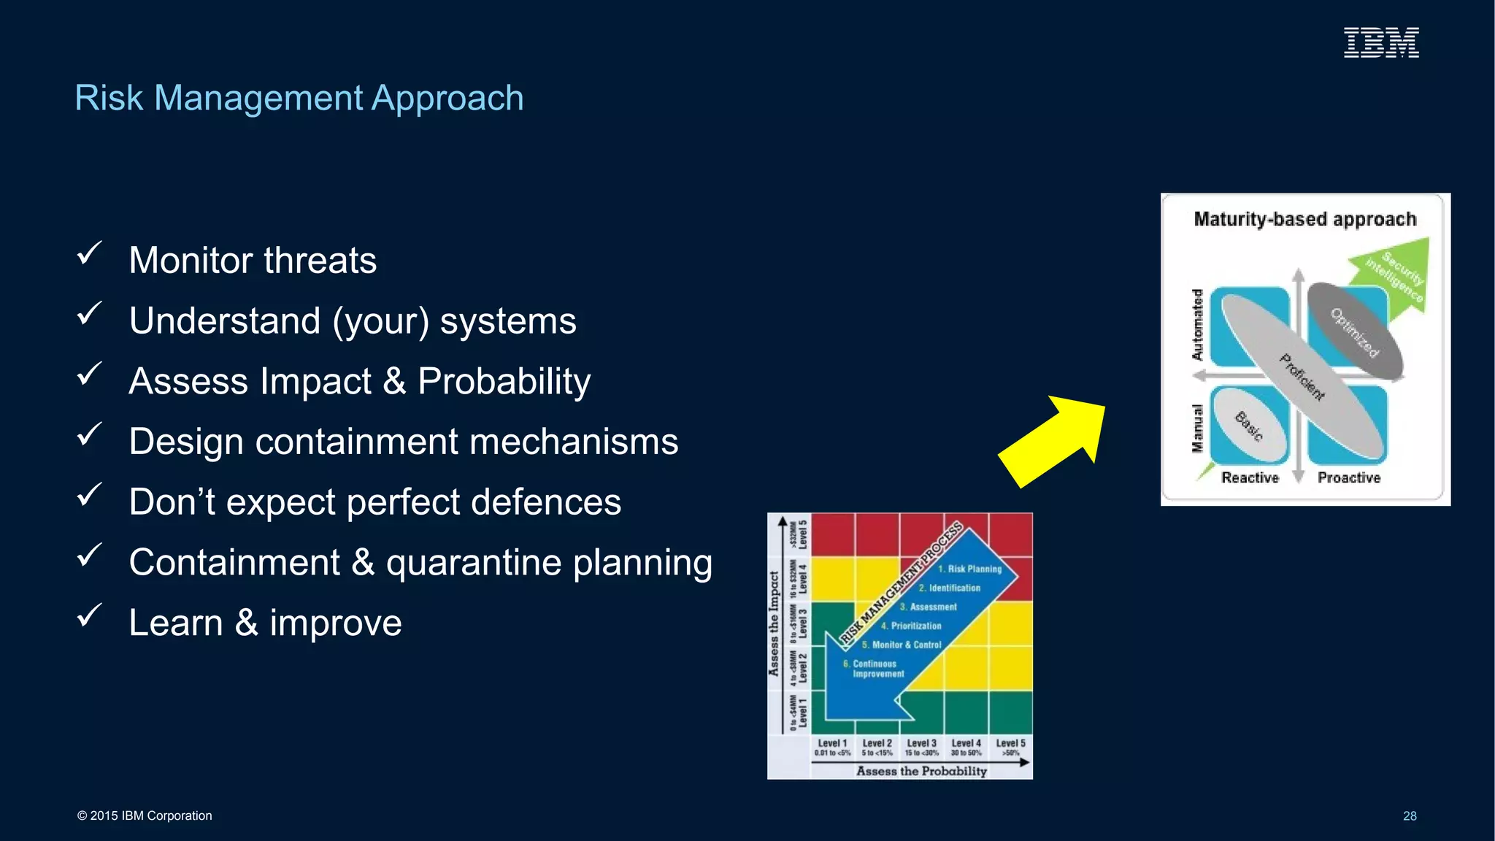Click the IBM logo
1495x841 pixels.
[x=1381, y=42]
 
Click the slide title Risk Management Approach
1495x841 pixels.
[x=299, y=98]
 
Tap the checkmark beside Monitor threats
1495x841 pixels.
[x=89, y=254]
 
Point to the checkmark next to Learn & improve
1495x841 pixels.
[x=89, y=616]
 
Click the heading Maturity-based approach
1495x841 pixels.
[x=1304, y=219]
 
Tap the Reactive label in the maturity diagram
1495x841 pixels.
[x=1250, y=478]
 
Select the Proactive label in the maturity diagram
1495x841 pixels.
[x=1348, y=478]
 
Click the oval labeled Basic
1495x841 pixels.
[x=1248, y=425]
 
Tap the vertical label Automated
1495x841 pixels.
[x=1197, y=325]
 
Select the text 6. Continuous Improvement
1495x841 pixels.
[x=874, y=669]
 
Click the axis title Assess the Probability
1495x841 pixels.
[x=921, y=771]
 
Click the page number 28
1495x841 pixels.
[x=1409, y=816]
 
